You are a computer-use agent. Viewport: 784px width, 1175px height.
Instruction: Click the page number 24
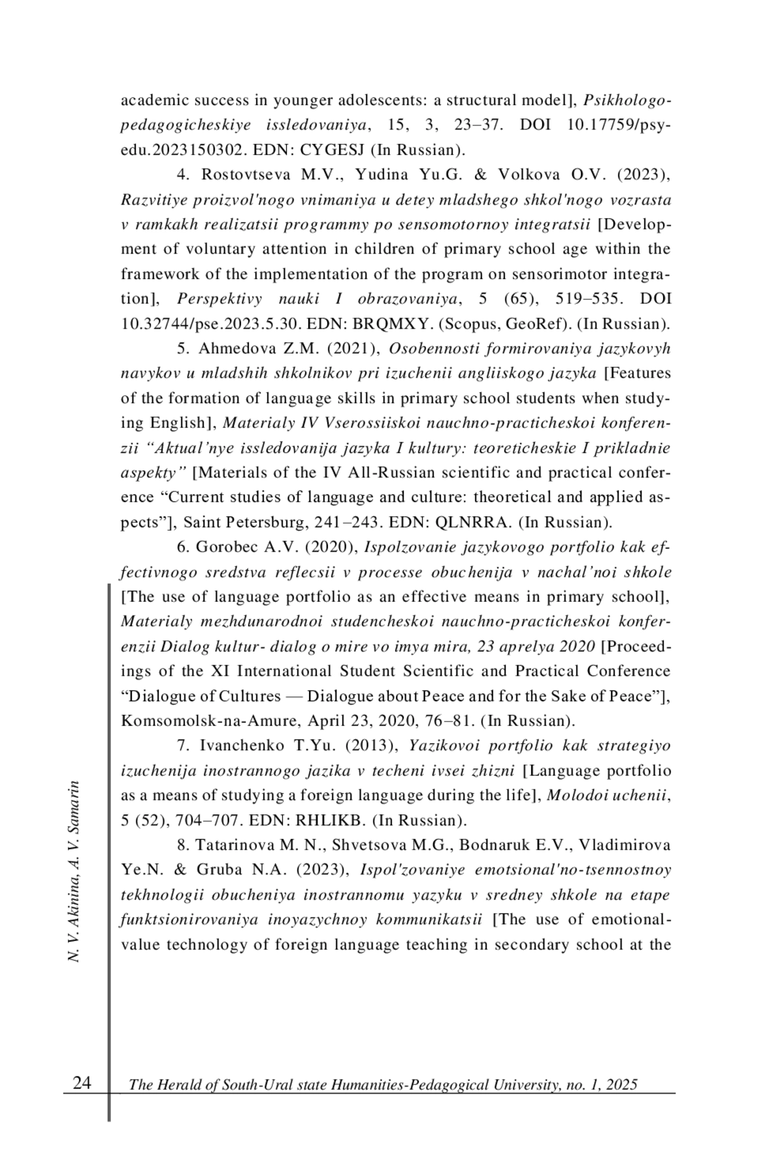(x=82, y=1083)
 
